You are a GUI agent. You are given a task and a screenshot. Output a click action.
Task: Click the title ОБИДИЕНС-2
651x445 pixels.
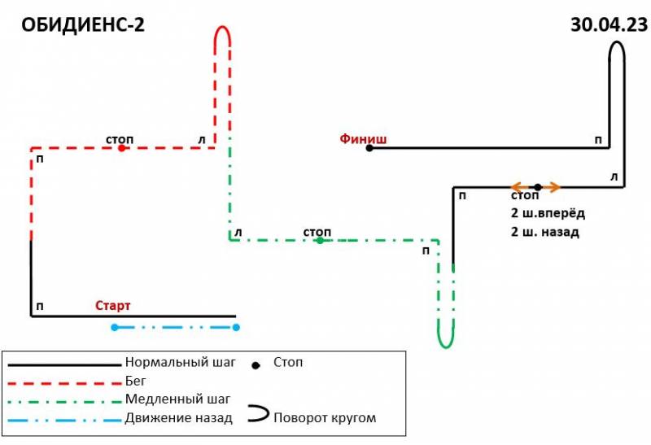tap(83, 25)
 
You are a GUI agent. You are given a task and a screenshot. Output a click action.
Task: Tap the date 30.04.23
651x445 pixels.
tap(609, 24)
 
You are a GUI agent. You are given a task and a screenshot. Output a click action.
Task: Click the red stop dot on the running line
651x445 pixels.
tap(121, 148)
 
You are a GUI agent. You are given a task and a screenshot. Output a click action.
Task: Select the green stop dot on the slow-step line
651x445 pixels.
tap(320, 240)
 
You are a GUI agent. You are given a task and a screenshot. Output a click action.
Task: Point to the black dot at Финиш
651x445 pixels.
tap(369, 148)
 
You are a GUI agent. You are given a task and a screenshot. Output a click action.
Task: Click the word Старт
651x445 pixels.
tap(113, 306)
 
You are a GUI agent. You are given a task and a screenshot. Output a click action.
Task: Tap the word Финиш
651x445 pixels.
tap(363, 138)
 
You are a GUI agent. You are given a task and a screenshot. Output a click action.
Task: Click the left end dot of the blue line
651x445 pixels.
tap(115, 328)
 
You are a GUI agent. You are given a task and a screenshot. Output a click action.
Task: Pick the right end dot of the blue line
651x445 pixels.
tap(236, 328)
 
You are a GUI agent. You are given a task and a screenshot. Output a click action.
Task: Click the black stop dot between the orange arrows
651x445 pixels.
tap(538, 187)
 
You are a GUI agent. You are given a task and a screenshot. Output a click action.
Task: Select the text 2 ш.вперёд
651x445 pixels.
tap(548, 213)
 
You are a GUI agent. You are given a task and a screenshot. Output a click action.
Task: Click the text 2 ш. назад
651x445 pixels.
tap(544, 232)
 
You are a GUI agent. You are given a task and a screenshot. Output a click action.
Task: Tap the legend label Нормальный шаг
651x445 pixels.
tap(180, 362)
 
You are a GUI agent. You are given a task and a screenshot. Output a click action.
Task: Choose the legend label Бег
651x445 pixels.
tap(135, 381)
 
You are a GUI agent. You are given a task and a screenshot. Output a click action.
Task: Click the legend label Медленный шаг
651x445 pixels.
tap(177, 399)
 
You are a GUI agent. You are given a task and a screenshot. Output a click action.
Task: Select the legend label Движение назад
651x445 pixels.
tap(178, 417)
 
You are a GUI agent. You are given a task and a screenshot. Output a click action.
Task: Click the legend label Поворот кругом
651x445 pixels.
tap(325, 417)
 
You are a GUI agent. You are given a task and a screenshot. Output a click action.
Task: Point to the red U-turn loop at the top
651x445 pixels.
tap(222, 27)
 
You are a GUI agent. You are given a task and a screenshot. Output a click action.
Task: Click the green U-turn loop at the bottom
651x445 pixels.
tap(446, 347)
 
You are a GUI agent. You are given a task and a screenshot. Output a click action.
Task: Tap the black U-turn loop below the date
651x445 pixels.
tap(617, 41)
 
